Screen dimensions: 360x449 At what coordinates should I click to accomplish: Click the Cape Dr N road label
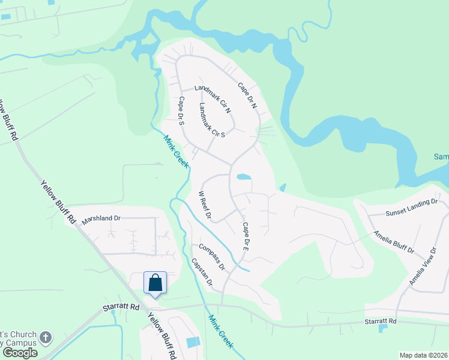[x=247, y=95]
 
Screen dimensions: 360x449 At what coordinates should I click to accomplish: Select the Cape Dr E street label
[x=245, y=236]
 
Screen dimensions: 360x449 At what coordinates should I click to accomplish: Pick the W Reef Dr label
[x=205, y=205]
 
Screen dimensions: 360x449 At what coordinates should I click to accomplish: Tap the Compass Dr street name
[x=212, y=257]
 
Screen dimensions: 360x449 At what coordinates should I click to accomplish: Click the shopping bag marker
[x=155, y=282]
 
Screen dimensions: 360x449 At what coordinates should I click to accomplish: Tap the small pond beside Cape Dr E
[x=243, y=177]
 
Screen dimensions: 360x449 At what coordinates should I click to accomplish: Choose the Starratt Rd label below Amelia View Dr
[x=381, y=322]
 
